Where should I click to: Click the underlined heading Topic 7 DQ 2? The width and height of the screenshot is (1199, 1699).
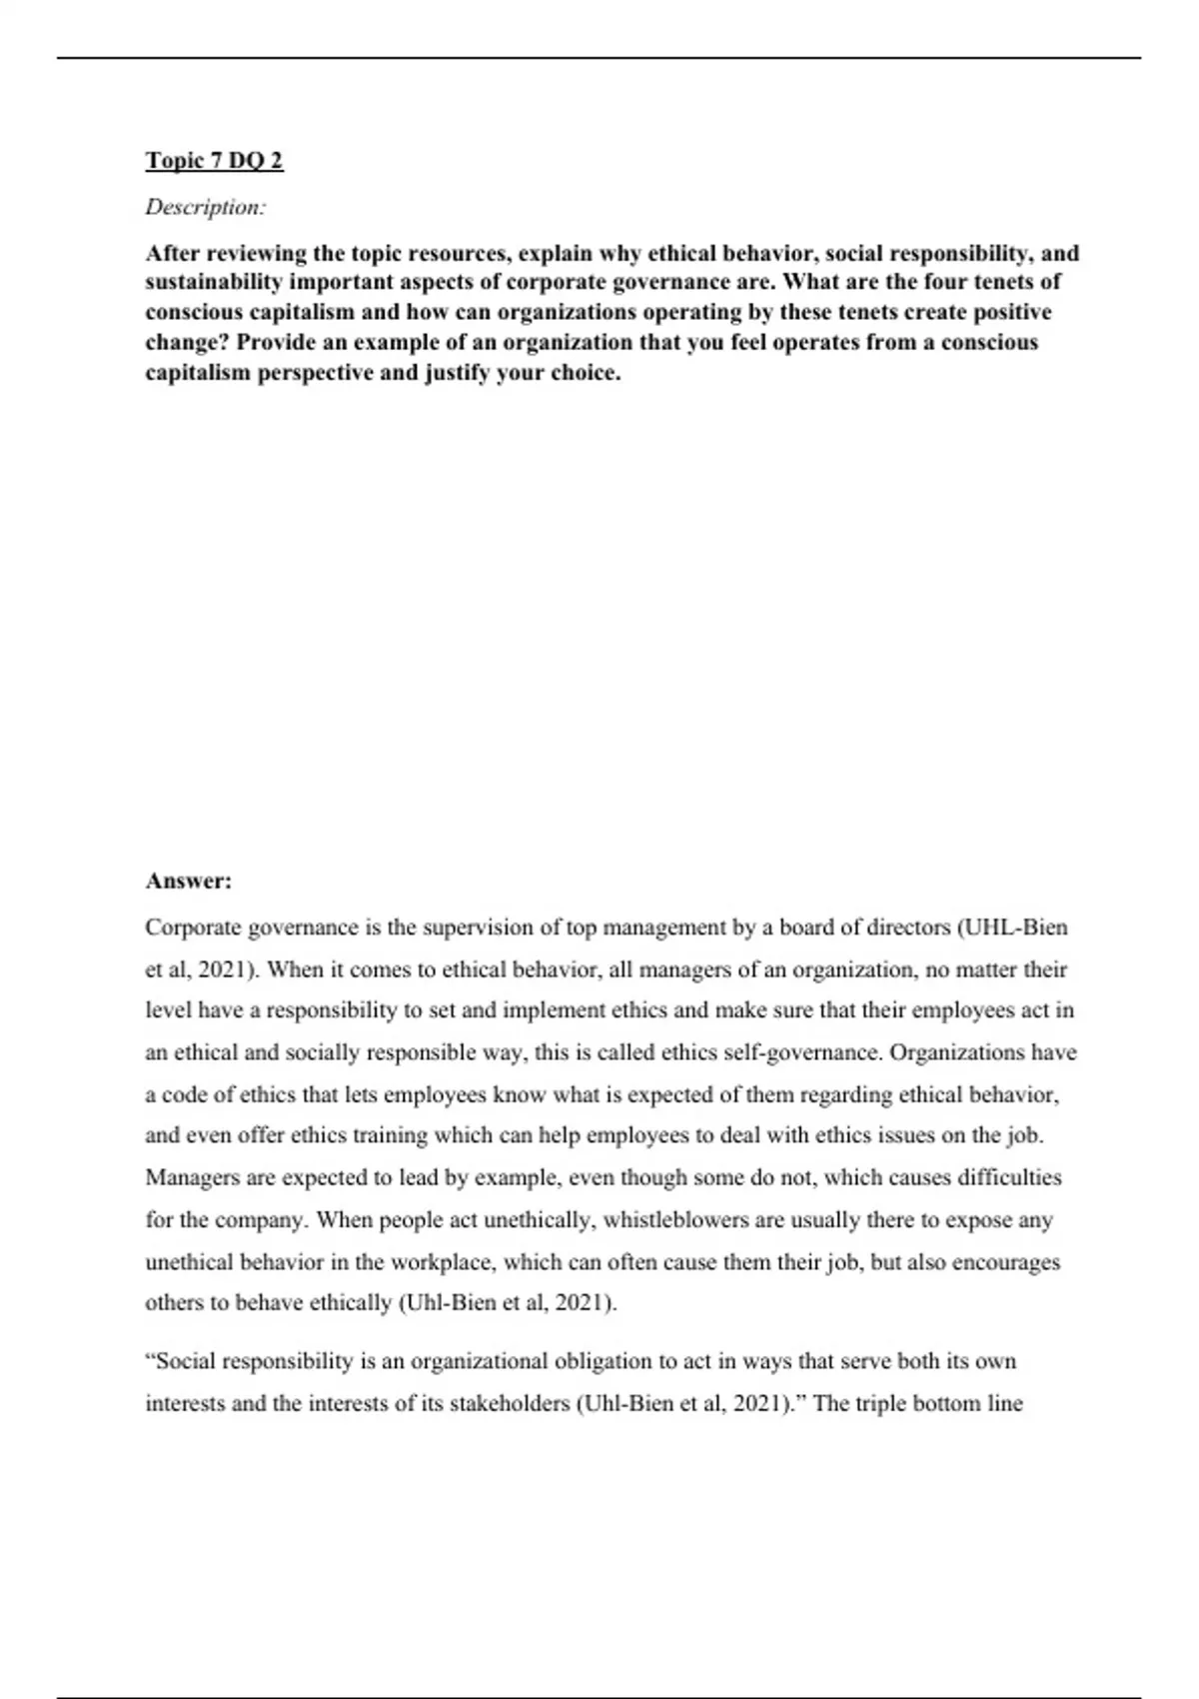pyautogui.click(x=214, y=160)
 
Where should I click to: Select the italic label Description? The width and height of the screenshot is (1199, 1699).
pyautogui.click(x=206, y=207)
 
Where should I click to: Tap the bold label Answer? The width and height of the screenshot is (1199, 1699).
pyautogui.click(x=188, y=880)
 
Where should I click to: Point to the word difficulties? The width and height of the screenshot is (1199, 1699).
pyautogui.click(x=1009, y=1177)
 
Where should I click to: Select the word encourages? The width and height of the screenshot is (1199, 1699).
pyautogui.click(x=1005, y=1261)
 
